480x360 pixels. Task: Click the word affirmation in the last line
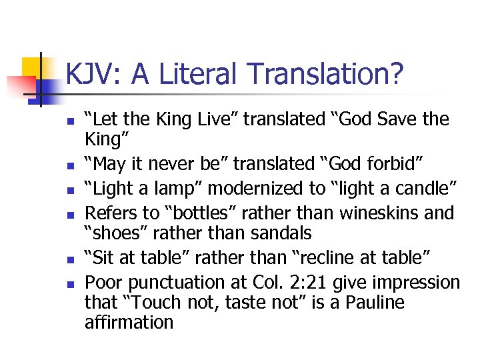point(129,323)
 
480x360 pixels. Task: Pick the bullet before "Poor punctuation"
point(70,283)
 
